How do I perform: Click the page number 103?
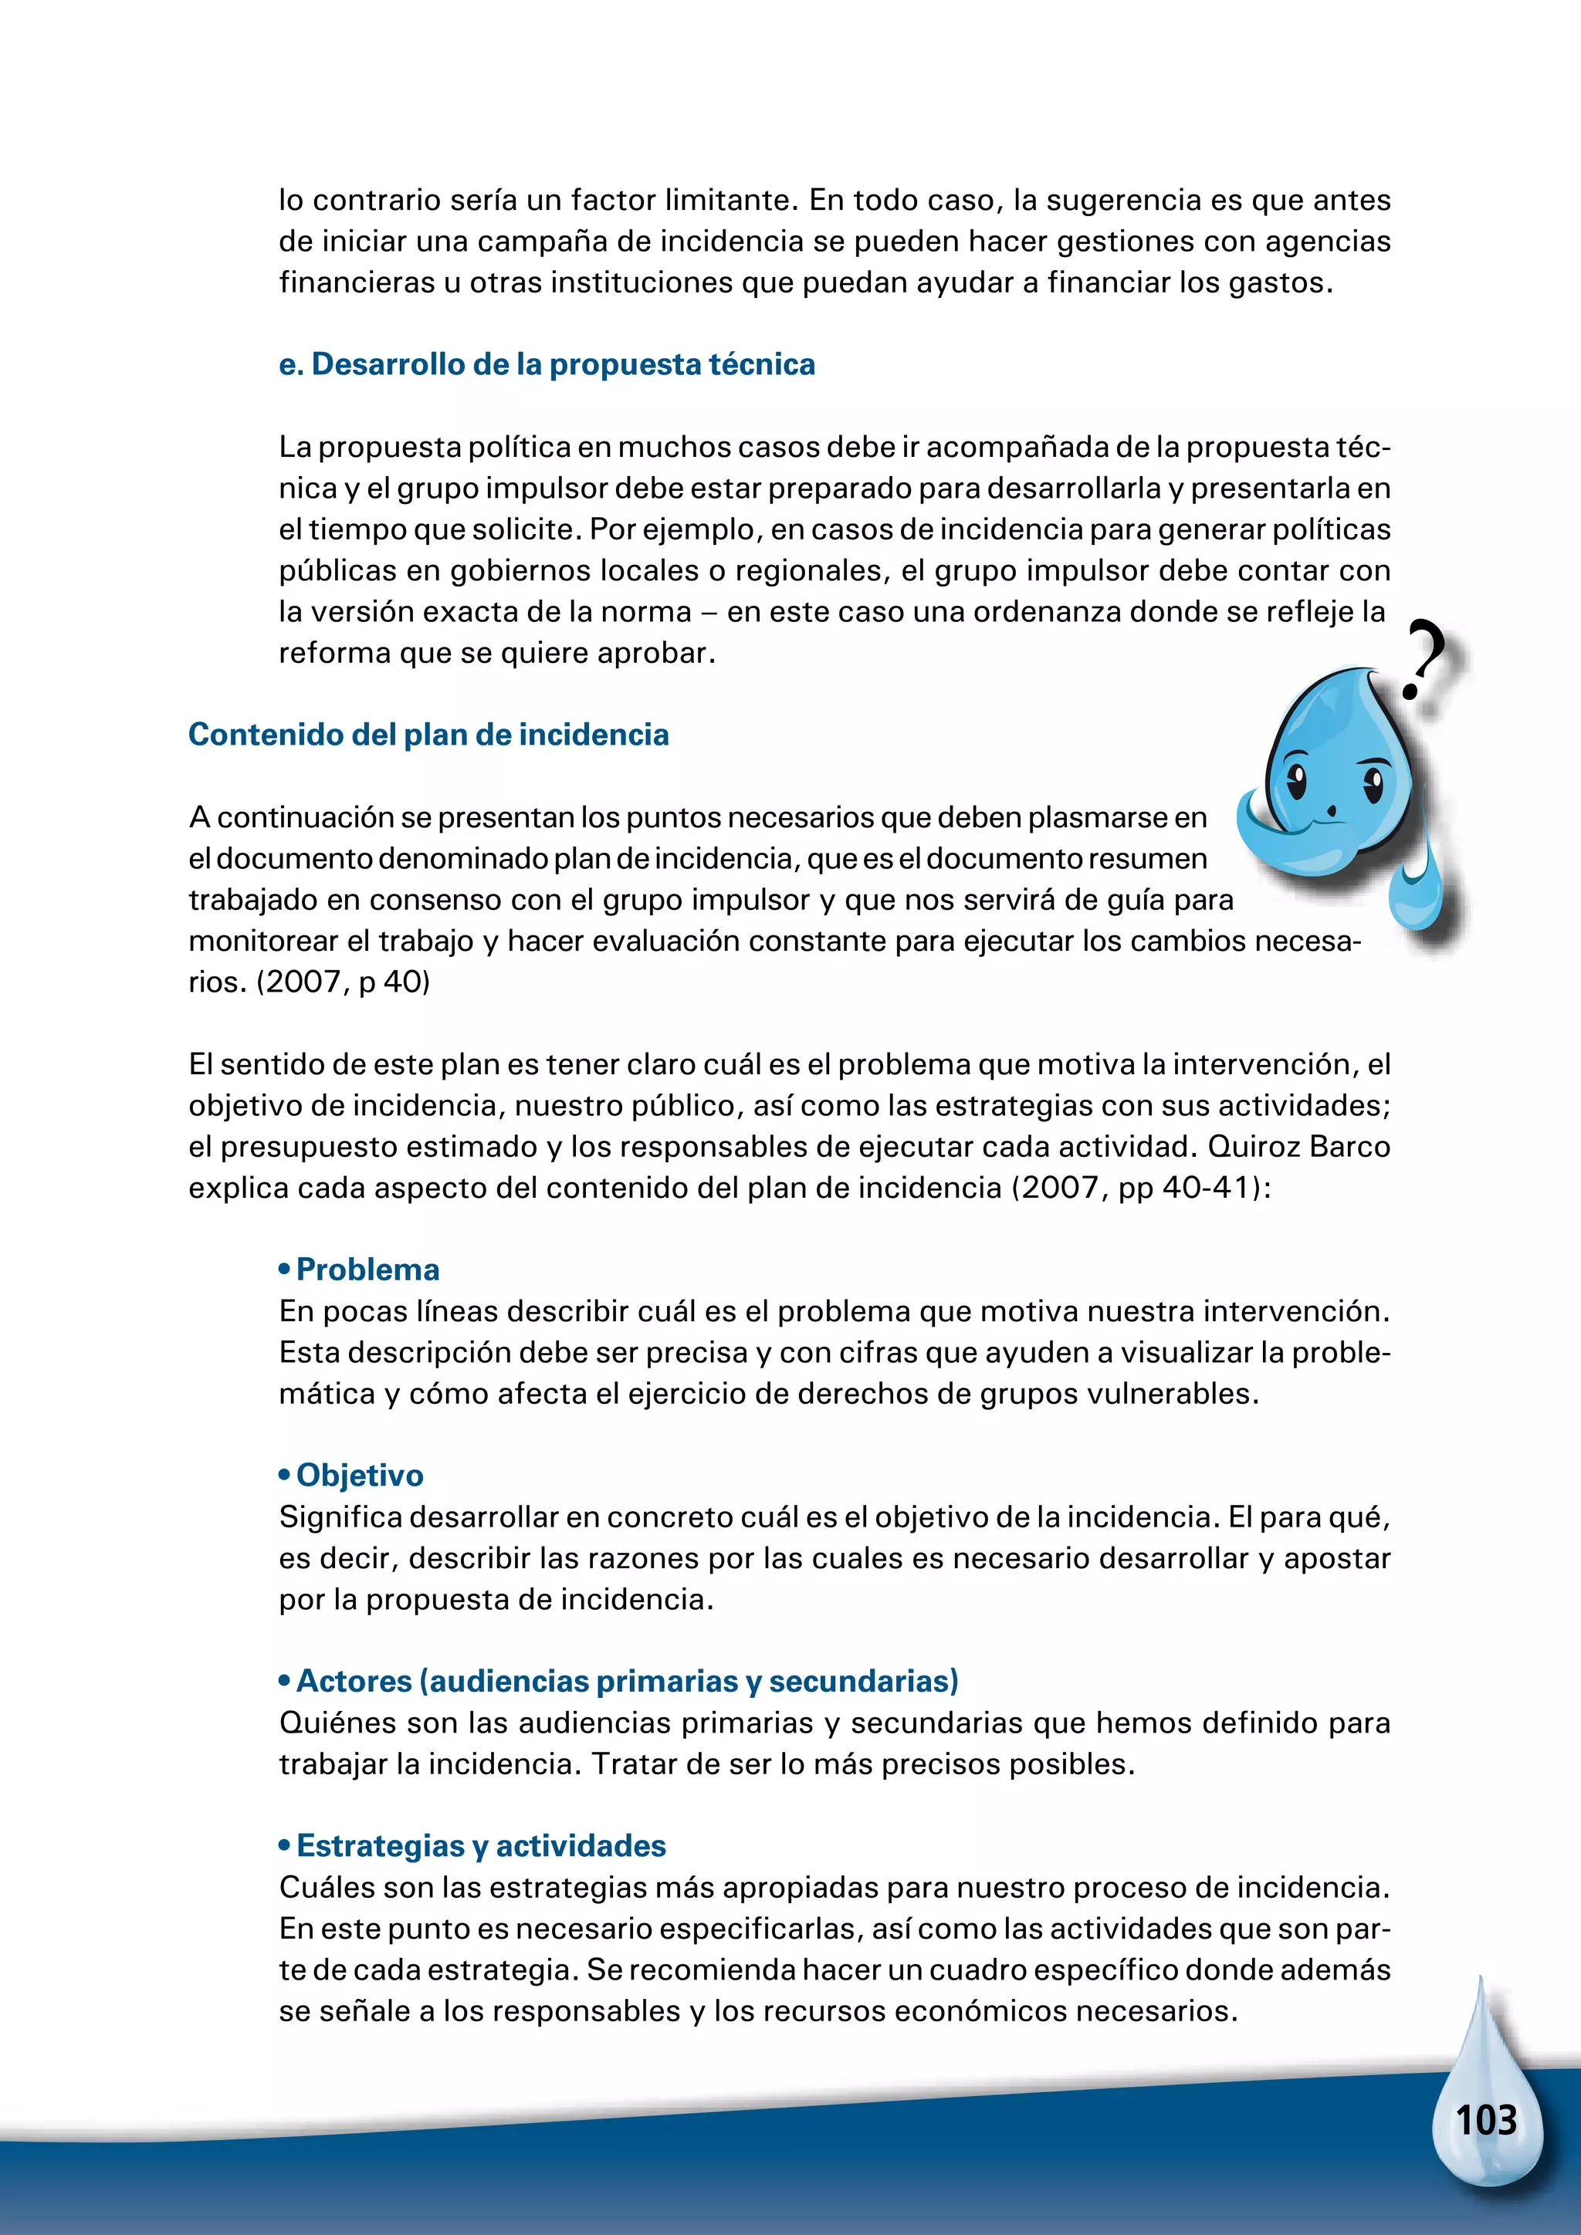(1485, 2120)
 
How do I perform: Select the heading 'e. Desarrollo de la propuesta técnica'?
(546, 364)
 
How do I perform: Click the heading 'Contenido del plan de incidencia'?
(428, 734)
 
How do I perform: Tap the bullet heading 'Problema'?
(367, 1270)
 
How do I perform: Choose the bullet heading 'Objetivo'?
(359, 1475)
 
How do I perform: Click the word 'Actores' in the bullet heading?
(354, 1681)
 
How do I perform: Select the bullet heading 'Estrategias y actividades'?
(481, 1845)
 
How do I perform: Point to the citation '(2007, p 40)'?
(343, 981)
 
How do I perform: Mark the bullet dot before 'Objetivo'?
(284, 1476)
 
